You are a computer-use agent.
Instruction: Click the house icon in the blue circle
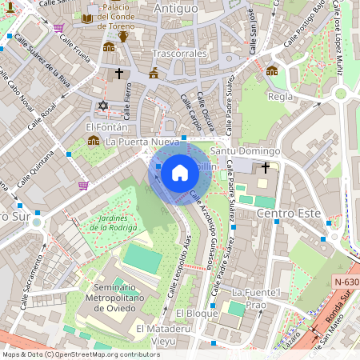click(x=179, y=172)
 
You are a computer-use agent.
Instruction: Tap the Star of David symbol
click(x=102, y=106)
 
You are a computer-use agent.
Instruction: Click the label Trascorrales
click(x=179, y=54)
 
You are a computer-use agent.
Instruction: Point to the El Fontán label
click(x=106, y=126)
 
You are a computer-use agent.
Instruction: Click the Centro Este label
click(x=288, y=214)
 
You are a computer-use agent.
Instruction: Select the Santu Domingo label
click(x=244, y=151)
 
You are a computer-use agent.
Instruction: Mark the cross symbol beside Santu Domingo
click(x=266, y=167)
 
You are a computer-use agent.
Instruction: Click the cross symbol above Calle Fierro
click(x=120, y=74)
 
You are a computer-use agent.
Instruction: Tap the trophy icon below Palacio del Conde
click(x=123, y=37)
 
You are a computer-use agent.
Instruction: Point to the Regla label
click(x=280, y=97)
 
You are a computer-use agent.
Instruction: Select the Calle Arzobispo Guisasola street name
click(x=203, y=231)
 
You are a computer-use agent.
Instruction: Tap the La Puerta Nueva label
click(x=142, y=142)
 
